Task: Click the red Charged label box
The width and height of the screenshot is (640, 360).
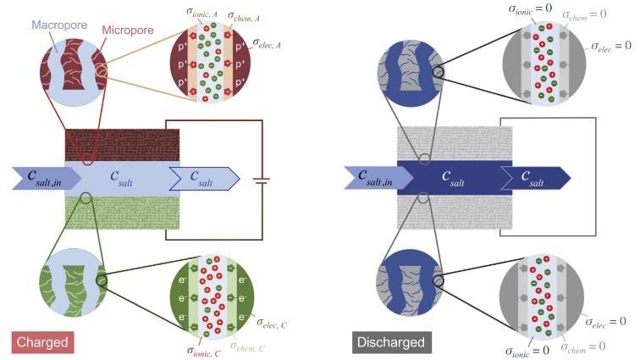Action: pos(42,342)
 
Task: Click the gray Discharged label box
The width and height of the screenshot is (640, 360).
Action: pos(391,342)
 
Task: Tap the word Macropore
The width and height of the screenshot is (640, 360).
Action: pos(59,25)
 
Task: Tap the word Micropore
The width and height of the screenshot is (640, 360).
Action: pos(128,30)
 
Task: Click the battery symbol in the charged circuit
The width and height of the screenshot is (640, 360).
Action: pos(261,180)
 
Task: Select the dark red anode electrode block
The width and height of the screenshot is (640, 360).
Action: pos(122,145)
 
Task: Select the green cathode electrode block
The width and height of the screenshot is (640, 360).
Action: pos(122,213)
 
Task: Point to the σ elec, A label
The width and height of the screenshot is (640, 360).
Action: pos(267,43)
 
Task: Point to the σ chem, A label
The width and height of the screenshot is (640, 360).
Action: pos(243,17)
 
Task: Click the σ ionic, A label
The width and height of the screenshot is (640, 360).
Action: pos(201,12)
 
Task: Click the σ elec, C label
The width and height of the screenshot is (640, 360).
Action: pos(272,324)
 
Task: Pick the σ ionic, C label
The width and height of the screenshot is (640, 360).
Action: pos(204,351)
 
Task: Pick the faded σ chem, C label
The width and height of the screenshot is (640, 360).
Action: pos(248,346)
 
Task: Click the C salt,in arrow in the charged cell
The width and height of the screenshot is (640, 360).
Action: pos(47,178)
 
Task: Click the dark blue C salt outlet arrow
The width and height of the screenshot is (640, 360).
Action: pos(536,178)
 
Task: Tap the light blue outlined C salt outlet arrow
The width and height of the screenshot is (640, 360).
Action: pos(205,179)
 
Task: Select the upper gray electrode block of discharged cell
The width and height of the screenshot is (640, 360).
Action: pos(455,143)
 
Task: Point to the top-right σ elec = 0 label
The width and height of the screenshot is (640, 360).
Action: pos(611,46)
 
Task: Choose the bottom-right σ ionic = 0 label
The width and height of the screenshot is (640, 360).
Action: pos(527,351)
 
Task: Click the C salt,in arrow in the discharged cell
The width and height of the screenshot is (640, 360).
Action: pos(378,178)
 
